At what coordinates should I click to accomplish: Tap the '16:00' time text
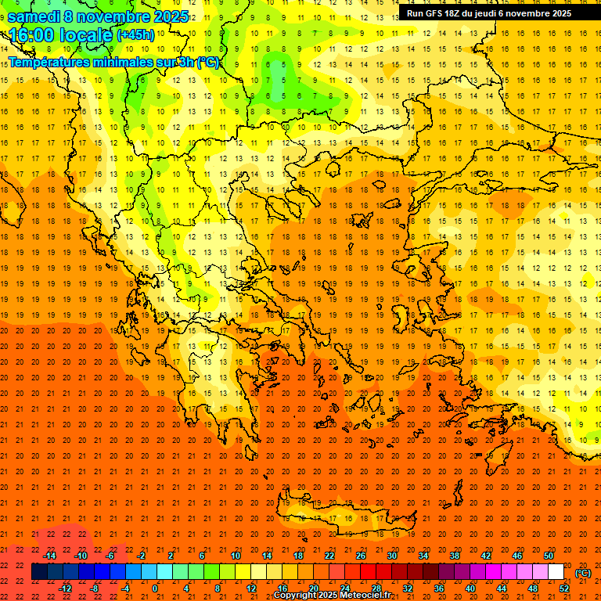coord(31,35)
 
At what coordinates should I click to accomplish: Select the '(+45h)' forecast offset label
coord(135,35)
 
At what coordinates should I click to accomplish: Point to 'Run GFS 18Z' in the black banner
coord(433,13)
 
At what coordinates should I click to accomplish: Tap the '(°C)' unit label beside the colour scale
coord(583,573)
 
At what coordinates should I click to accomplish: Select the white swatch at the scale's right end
coord(556,572)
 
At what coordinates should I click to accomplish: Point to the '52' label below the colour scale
coord(564,588)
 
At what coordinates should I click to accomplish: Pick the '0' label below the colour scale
coord(155,588)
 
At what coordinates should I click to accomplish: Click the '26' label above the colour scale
coord(361,556)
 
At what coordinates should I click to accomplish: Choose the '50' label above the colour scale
coord(549,556)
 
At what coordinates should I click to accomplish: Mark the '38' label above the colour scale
coord(455,556)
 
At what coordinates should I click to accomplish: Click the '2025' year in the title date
coord(170,16)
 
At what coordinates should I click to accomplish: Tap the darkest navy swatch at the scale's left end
coord(39,572)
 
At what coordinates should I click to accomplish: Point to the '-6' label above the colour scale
coord(111,556)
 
